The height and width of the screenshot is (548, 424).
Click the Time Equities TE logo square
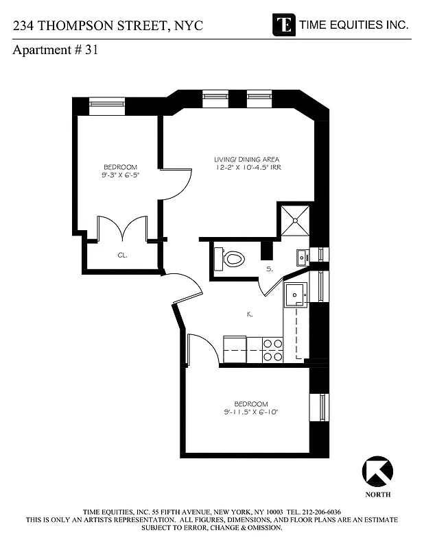coord(283,24)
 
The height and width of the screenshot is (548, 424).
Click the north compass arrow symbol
coord(377,472)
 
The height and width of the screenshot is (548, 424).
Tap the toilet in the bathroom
coord(231,259)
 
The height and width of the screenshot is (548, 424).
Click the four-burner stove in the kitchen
coord(272,350)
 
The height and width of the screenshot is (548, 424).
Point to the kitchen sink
coord(296,292)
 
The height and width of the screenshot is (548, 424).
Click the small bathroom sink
coord(302,257)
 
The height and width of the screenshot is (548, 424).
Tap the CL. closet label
coord(122,255)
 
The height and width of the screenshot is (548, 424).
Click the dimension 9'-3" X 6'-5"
coord(120,175)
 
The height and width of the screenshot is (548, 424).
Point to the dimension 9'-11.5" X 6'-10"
coord(250,412)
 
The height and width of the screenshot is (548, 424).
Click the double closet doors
coord(122,229)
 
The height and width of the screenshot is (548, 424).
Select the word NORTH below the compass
coord(377,494)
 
